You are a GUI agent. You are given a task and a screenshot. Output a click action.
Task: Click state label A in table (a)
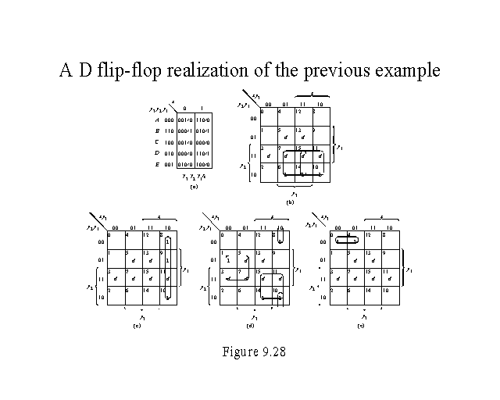[157, 120]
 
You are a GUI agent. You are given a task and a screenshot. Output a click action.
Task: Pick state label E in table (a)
[157, 166]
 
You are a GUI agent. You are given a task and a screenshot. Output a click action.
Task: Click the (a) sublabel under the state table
[194, 187]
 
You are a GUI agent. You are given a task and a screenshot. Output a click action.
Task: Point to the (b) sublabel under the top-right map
[290, 202]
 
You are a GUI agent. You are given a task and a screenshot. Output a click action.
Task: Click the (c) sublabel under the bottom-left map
[138, 324]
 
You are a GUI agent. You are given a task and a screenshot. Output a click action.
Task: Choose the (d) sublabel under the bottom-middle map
[251, 324]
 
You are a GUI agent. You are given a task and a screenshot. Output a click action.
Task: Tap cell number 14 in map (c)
[146, 290]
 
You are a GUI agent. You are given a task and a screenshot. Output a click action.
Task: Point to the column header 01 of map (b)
[285, 104]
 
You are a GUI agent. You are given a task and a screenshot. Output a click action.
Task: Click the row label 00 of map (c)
[100, 241]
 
